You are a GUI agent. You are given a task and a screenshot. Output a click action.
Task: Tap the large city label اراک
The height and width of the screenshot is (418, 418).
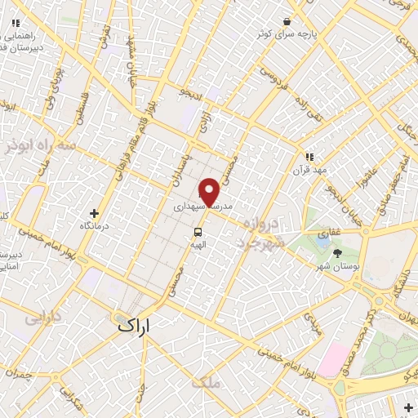135,325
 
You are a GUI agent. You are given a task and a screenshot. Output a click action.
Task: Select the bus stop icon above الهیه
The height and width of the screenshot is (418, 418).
197,233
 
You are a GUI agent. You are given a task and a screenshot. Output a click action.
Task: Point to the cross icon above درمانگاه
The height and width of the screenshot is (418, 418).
96,213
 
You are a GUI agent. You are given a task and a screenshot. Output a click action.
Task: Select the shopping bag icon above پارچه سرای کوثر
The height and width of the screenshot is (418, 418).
287,22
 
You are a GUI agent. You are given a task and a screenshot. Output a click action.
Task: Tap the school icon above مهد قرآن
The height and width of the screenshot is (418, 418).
309,156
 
